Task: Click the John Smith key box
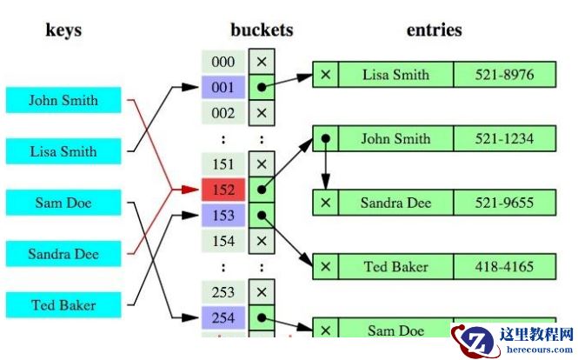point(63,100)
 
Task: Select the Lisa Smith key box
point(63,151)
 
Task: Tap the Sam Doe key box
point(63,203)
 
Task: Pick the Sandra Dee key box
point(63,255)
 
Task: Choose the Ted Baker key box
point(63,305)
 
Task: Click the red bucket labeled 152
point(223,190)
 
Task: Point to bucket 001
point(223,88)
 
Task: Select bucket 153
point(223,215)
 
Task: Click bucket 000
point(223,63)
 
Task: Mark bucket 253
point(223,291)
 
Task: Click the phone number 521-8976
point(504,75)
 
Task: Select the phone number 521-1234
point(504,138)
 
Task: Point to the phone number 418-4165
point(504,266)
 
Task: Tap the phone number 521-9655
point(504,202)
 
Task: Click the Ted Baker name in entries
point(395,266)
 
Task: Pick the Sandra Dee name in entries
point(395,202)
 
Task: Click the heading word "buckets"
point(262,30)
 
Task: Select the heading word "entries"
point(434,30)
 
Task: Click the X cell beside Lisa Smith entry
point(325,75)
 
